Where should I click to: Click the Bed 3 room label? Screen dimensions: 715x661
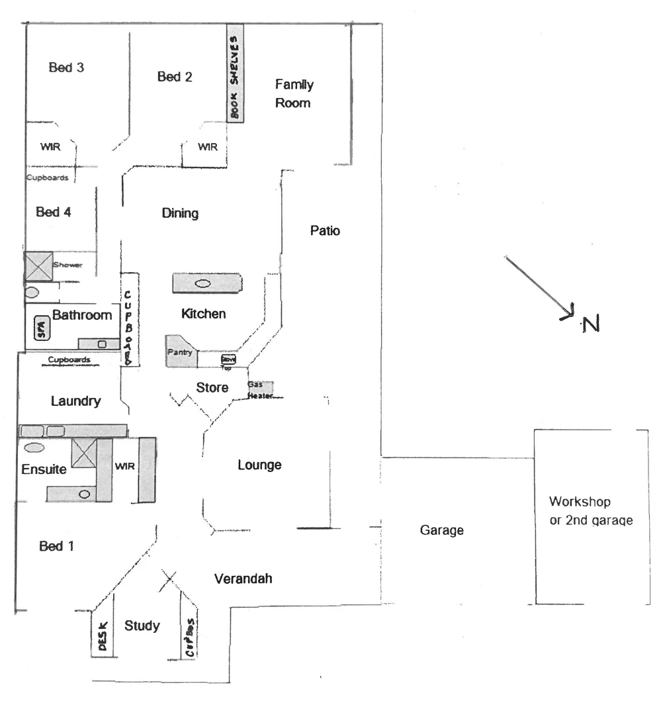point(66,68)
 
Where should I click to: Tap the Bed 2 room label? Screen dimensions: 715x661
point(175,77)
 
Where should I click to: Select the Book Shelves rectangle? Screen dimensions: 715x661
point(235,73)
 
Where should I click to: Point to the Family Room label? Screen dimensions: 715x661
point(294,93)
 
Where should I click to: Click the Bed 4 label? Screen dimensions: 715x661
point(54,213)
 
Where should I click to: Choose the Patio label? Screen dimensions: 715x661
point(324,231)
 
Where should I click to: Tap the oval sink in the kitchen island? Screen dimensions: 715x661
point(202,283)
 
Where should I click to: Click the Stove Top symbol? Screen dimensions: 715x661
point(228,359)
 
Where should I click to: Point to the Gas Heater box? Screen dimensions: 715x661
point(259,389)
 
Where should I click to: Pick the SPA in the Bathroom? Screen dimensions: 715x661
point(41,328)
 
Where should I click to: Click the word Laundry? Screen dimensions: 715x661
point(75,401)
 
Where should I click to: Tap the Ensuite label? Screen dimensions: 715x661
point(44,469)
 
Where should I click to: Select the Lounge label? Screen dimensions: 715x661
point(259,465)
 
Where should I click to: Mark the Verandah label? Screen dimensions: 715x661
point(243,579)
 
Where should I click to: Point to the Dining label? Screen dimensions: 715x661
point(180,213)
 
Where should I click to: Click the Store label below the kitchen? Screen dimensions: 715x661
point(212,387)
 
